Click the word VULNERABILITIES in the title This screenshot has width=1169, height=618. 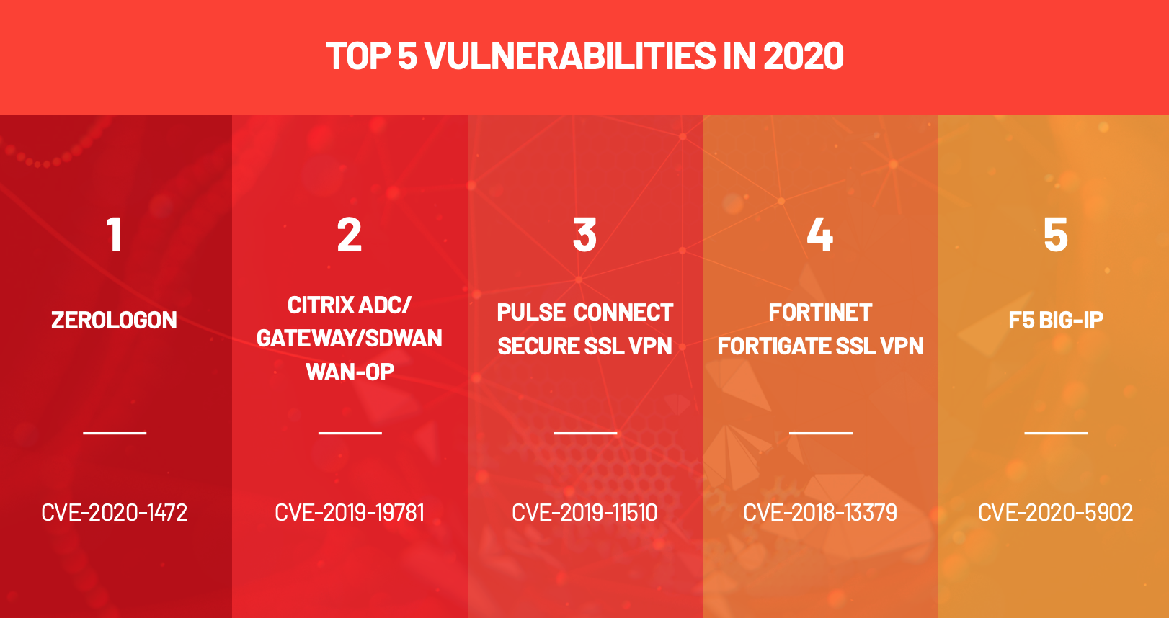pyautogui.click(x=570, y=55)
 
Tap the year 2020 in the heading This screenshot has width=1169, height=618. pyautogui.click(x=804, y=55)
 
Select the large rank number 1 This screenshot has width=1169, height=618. pyautogui.click(x=115, y=236)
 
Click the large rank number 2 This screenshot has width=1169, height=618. pyautogui.click(x=349, y=236)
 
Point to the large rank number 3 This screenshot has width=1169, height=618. pyautogui.click(x=584, y=236)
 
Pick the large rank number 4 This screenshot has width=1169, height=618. pyautogui.click(x=820, y=236)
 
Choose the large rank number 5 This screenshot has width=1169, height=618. pyautogui.click(x=1056, y=236)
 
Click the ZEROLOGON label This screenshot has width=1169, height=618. pyautogui.click(x=115, y=321)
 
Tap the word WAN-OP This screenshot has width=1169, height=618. pyautogui.click(x=350, y=372)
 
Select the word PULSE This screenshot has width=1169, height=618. pyautogui.click(x=530, y=313)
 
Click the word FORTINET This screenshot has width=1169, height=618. pyautogui.click(x=820, y=313)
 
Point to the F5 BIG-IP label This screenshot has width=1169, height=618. pyautogui.click(x=1056, y=321)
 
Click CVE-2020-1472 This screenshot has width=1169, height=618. pyautogui.click(x=115, y=513)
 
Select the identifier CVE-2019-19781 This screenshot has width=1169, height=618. pyautogui.click(x=350, y=513)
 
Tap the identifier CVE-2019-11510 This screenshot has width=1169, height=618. pyautogui.click(x=584, y=513)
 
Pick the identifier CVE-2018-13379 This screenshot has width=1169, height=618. pyautogui.click(x=820, y=513)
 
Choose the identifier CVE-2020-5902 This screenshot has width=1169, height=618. pyautogui.click(x=1056, y=513)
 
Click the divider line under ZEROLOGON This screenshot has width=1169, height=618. pyautogui.click(x=115, y=433)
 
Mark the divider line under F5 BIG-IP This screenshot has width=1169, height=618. pyautogui.click(x=1057, y=433)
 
